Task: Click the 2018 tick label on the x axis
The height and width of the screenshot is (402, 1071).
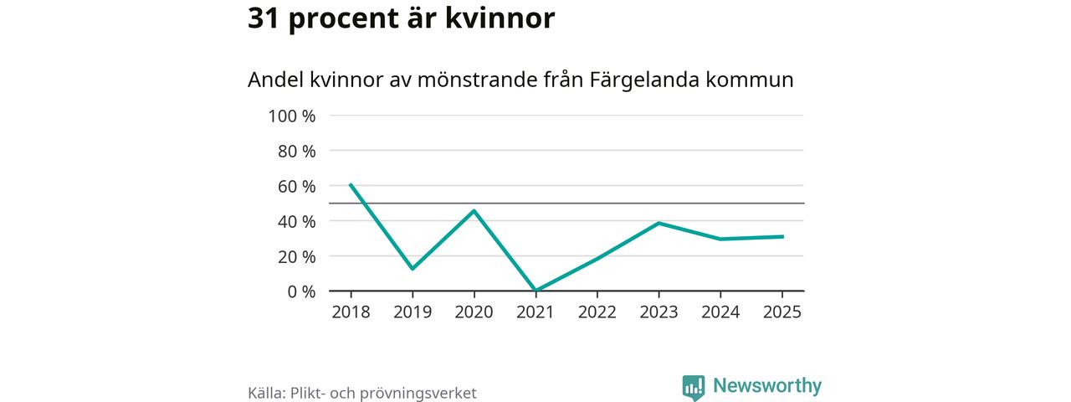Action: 351,312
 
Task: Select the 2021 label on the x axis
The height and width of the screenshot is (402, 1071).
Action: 535,312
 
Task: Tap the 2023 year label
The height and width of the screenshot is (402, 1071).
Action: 658,312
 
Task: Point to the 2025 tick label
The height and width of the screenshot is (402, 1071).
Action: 781,312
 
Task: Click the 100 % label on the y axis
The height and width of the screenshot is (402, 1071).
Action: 291,116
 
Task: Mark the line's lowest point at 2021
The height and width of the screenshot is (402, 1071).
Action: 535,291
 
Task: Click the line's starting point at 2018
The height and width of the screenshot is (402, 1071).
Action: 351,184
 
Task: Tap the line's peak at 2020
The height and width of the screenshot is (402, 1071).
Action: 474,210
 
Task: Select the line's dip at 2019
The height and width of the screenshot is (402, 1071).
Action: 413,269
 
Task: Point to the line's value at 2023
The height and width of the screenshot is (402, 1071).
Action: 658,223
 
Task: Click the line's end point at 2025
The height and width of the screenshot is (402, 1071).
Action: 782,236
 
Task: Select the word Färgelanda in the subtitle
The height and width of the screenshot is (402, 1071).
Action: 639,80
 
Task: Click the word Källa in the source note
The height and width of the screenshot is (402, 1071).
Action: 267,393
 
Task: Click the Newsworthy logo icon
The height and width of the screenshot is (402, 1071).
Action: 694,387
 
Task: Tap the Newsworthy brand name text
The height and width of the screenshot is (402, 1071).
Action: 767,386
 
